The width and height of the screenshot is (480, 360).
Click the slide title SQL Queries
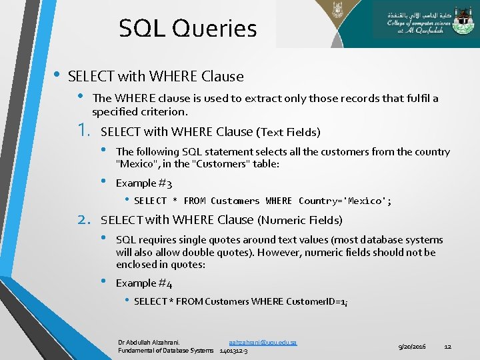(187, 29)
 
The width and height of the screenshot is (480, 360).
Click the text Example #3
(144, 183)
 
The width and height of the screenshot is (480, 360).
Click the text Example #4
(144, 283)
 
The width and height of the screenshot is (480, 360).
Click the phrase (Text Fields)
(289, 132)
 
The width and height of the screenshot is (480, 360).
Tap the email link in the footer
(263, 342)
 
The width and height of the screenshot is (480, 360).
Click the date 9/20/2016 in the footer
(412, 347)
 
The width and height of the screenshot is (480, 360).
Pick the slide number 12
(448, 347)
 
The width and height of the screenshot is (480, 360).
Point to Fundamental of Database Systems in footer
(166, 351)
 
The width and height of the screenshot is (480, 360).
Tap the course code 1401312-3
(234, 351)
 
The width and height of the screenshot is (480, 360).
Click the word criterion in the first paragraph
(167, 111)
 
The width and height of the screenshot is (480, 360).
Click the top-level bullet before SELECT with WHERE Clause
(56, 75)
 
